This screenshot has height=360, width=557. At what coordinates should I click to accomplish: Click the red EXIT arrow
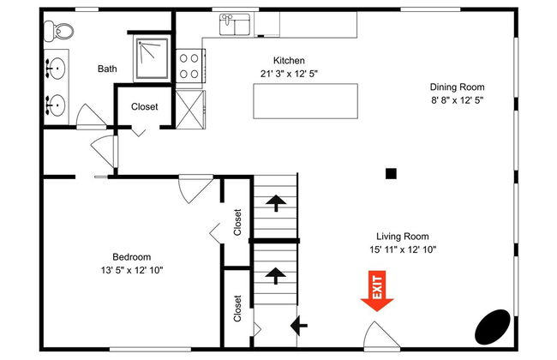coord(377,291)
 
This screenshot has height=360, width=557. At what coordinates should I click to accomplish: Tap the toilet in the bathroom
coord(58,31)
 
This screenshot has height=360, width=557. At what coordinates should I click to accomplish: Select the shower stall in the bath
coord(152,58)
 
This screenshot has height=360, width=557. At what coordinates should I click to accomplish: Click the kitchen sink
coord(235,25)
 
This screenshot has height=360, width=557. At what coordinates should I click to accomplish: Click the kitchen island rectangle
coord(306,101)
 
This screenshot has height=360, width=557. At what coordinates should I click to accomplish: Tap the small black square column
coord(391,173)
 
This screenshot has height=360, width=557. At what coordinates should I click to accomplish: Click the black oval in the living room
coord(493,327)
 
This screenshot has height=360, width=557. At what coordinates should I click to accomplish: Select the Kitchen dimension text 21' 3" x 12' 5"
coord(289,74)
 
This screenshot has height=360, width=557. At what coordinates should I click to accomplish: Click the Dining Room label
coord(458,87)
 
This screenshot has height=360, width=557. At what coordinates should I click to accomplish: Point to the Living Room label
coord(403,237)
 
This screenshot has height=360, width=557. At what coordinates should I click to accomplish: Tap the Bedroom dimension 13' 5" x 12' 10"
coord(132,270)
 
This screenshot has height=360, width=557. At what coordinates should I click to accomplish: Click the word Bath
coord(107,69)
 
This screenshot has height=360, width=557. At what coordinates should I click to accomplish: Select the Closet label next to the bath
coord(144,106)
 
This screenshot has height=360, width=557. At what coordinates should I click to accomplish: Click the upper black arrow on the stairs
coord(276,203)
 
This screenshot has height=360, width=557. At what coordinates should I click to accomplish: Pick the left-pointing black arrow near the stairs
coord(299,325)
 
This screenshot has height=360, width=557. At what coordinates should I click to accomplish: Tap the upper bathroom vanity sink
coord(56,68)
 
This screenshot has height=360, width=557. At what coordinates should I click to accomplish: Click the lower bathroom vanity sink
coord(56,105)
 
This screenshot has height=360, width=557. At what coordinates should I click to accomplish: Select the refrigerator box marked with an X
coord(190,110)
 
